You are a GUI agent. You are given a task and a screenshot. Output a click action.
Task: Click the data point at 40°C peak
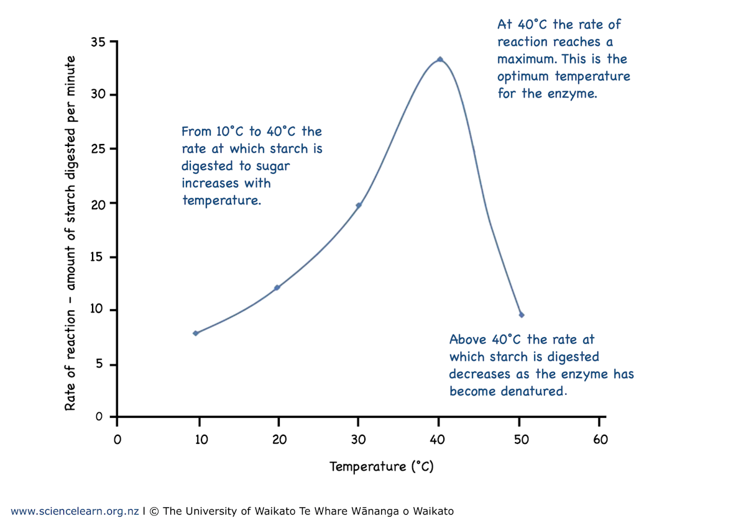pyautogui.click(x=440, y=60)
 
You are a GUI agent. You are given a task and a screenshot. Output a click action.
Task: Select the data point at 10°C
pyautogui.click(x=196, y=333)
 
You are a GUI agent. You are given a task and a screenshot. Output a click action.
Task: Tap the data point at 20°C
pyautogui.click(x=277, y=287)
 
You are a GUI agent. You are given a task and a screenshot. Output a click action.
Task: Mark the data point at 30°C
pyautogui.click(x=359, y=205)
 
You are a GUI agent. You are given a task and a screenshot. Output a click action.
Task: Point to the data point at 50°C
pyautogui.click(x=522, y=315)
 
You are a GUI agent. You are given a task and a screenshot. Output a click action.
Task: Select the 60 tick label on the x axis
pyautogui.click(x=600, y=440)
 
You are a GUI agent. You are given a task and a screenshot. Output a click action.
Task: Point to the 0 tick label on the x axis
pyautogui.click(x=117, y=440)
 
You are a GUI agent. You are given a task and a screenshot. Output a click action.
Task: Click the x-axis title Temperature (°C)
pyautogui.click(x=381, y=466)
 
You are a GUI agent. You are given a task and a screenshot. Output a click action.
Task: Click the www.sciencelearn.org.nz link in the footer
pyautogui.click(x=75, y=512)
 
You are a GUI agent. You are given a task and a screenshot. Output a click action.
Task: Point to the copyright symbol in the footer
pyautogui.click(x=154, y=512)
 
